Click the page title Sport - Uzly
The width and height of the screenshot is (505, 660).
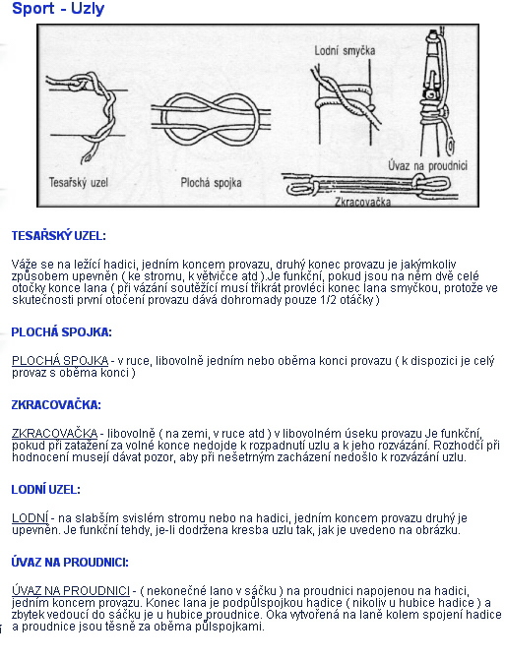pos(58,9)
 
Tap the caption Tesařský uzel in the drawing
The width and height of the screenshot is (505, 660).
pos(79,183)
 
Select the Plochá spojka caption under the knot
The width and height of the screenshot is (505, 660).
pos(211,183)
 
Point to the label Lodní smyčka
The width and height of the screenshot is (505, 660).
pos(345,51)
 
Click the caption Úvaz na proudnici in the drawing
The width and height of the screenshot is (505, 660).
pos(427,165)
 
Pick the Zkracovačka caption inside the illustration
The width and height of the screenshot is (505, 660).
pos(362,202)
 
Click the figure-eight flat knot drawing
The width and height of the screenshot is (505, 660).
pos(211,120)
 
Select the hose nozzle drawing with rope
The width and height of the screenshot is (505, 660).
pos(438,92)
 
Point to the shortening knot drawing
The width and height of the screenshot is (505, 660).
pos(370,185)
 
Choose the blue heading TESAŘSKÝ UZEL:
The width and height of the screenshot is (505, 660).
pos(58,236)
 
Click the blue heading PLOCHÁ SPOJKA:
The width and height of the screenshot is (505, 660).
pos(61,332)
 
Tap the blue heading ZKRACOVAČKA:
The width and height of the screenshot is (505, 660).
pos(56,405)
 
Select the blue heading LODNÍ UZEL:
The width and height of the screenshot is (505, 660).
pos(45,490)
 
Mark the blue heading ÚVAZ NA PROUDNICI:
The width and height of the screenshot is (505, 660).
pos(70,563)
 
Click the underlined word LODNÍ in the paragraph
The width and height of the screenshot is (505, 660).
pos(30,518)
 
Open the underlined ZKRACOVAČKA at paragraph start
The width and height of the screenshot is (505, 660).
pos(55,434)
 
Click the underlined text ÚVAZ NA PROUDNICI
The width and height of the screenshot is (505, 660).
pos(71,591)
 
